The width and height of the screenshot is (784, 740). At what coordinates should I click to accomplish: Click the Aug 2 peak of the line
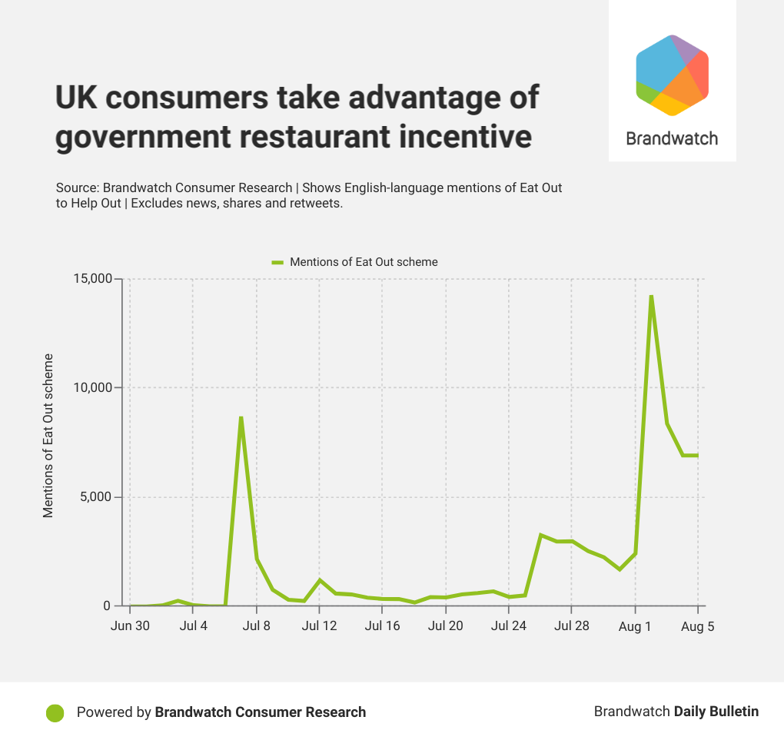click(x=651, y=296)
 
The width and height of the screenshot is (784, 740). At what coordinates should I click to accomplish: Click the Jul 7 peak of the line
click(x=241, y=417)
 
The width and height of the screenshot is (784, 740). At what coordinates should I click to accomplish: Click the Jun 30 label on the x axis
click(x=130, y=626)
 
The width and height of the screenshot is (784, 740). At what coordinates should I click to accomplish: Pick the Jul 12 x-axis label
click(x=320, y=626)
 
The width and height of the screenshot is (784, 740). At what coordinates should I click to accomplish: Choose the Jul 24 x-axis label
click(x=509, y=626)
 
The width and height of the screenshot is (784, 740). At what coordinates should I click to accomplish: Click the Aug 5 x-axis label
click(x=698, y=626)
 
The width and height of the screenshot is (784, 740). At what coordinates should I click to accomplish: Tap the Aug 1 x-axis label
click(x=635, y=626)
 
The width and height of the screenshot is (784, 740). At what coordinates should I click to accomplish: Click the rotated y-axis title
click(x=48, y=436)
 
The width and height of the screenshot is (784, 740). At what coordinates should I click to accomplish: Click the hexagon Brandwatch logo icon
click(x=672, y=75)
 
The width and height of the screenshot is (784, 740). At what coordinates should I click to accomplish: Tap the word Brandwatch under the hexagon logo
click(x=672, y=139)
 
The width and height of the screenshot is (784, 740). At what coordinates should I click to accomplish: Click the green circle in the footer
click(x=55, y=712)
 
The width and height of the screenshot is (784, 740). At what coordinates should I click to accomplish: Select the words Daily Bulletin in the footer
click(x=716, y=712)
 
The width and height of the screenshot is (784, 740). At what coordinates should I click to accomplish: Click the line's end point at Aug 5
click(x=697, y=456)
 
